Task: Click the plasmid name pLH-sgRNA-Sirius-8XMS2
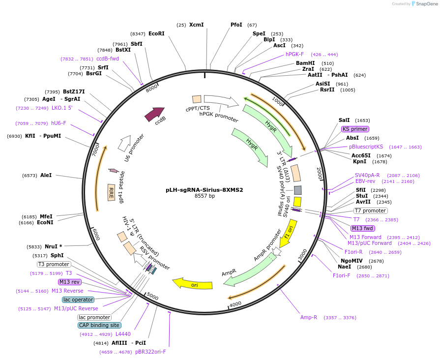click(x=205, y=189)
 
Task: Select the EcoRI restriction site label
click(x=156, y=33)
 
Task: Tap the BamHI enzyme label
click(x=305, y=63)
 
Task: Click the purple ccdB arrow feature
click(x=155, y=114)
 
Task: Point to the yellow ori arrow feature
click(x=193, y=284)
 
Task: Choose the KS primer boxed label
click(x=355, y=129)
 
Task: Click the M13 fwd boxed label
click(x=362, y=228)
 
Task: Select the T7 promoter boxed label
click(x=370, y=210)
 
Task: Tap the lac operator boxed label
click(x=78, y=300)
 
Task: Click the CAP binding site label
click(x=99, y=325)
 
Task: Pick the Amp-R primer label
click(x=309, y=317)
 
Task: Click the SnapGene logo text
click(x=426, y=4)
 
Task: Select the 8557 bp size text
click(x=205, y=196)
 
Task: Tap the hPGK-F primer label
click(x=294, y=54)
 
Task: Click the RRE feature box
click(x=111, y=193)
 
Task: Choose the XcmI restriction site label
click(x=196, y=25)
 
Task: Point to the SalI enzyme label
click(x=344, y=120)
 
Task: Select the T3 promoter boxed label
click(x=54, y=264)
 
